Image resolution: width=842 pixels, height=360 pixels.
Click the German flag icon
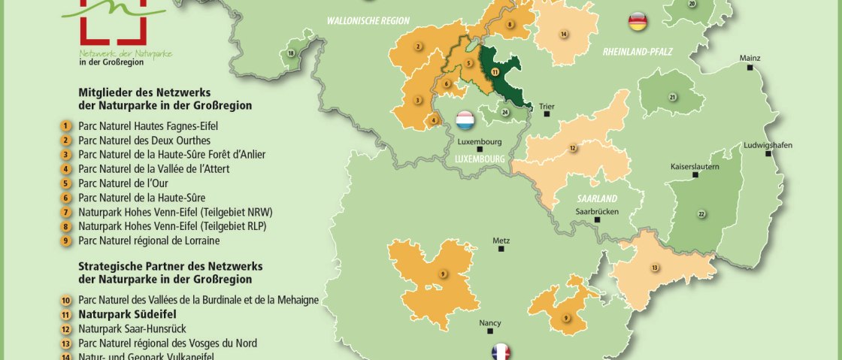click(x=638, y=21)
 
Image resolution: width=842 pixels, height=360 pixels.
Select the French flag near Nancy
click(x=501, y=352)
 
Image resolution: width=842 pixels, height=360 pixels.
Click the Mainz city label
click(x=750, y=58)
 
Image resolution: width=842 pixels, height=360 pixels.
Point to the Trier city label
click(x=547, y=106)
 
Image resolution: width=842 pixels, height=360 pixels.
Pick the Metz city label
click(x=501, y=241)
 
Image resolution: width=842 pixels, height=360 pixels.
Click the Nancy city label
click(x=489, y=323)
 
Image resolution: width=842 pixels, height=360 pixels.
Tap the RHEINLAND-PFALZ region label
click(x=637, y=51)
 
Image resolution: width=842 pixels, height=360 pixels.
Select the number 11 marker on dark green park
click(x=494, y=71)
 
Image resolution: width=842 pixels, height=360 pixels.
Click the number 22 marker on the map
click(x=701, y=214)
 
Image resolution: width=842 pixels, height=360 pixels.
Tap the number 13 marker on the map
click(x=655, y=268)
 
